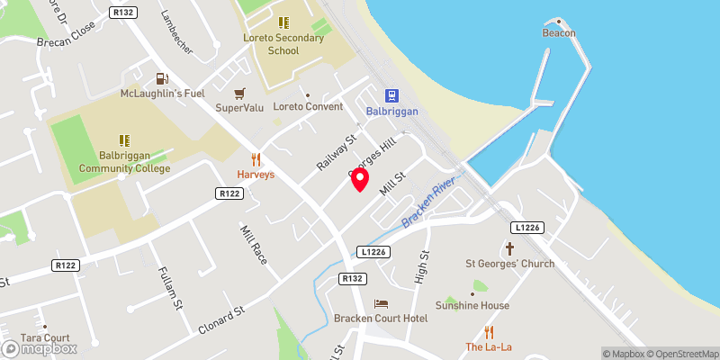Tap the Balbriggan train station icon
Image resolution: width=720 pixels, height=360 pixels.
pos(392,95)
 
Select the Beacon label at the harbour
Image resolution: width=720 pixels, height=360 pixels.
pos(558,33)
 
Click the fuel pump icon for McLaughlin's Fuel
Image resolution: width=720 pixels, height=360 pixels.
pos(160,79)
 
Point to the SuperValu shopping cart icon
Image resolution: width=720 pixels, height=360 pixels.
pos(239,94)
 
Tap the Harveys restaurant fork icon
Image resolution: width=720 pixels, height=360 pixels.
pos(256,159)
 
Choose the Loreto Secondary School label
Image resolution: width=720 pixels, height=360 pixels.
pos(283,44)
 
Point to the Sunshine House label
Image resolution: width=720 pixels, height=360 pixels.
pos(473,305)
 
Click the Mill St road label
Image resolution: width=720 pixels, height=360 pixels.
pos(394,187)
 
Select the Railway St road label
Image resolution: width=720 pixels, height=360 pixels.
pos(337,152)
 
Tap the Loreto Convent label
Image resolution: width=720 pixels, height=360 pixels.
pos(308,106)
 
